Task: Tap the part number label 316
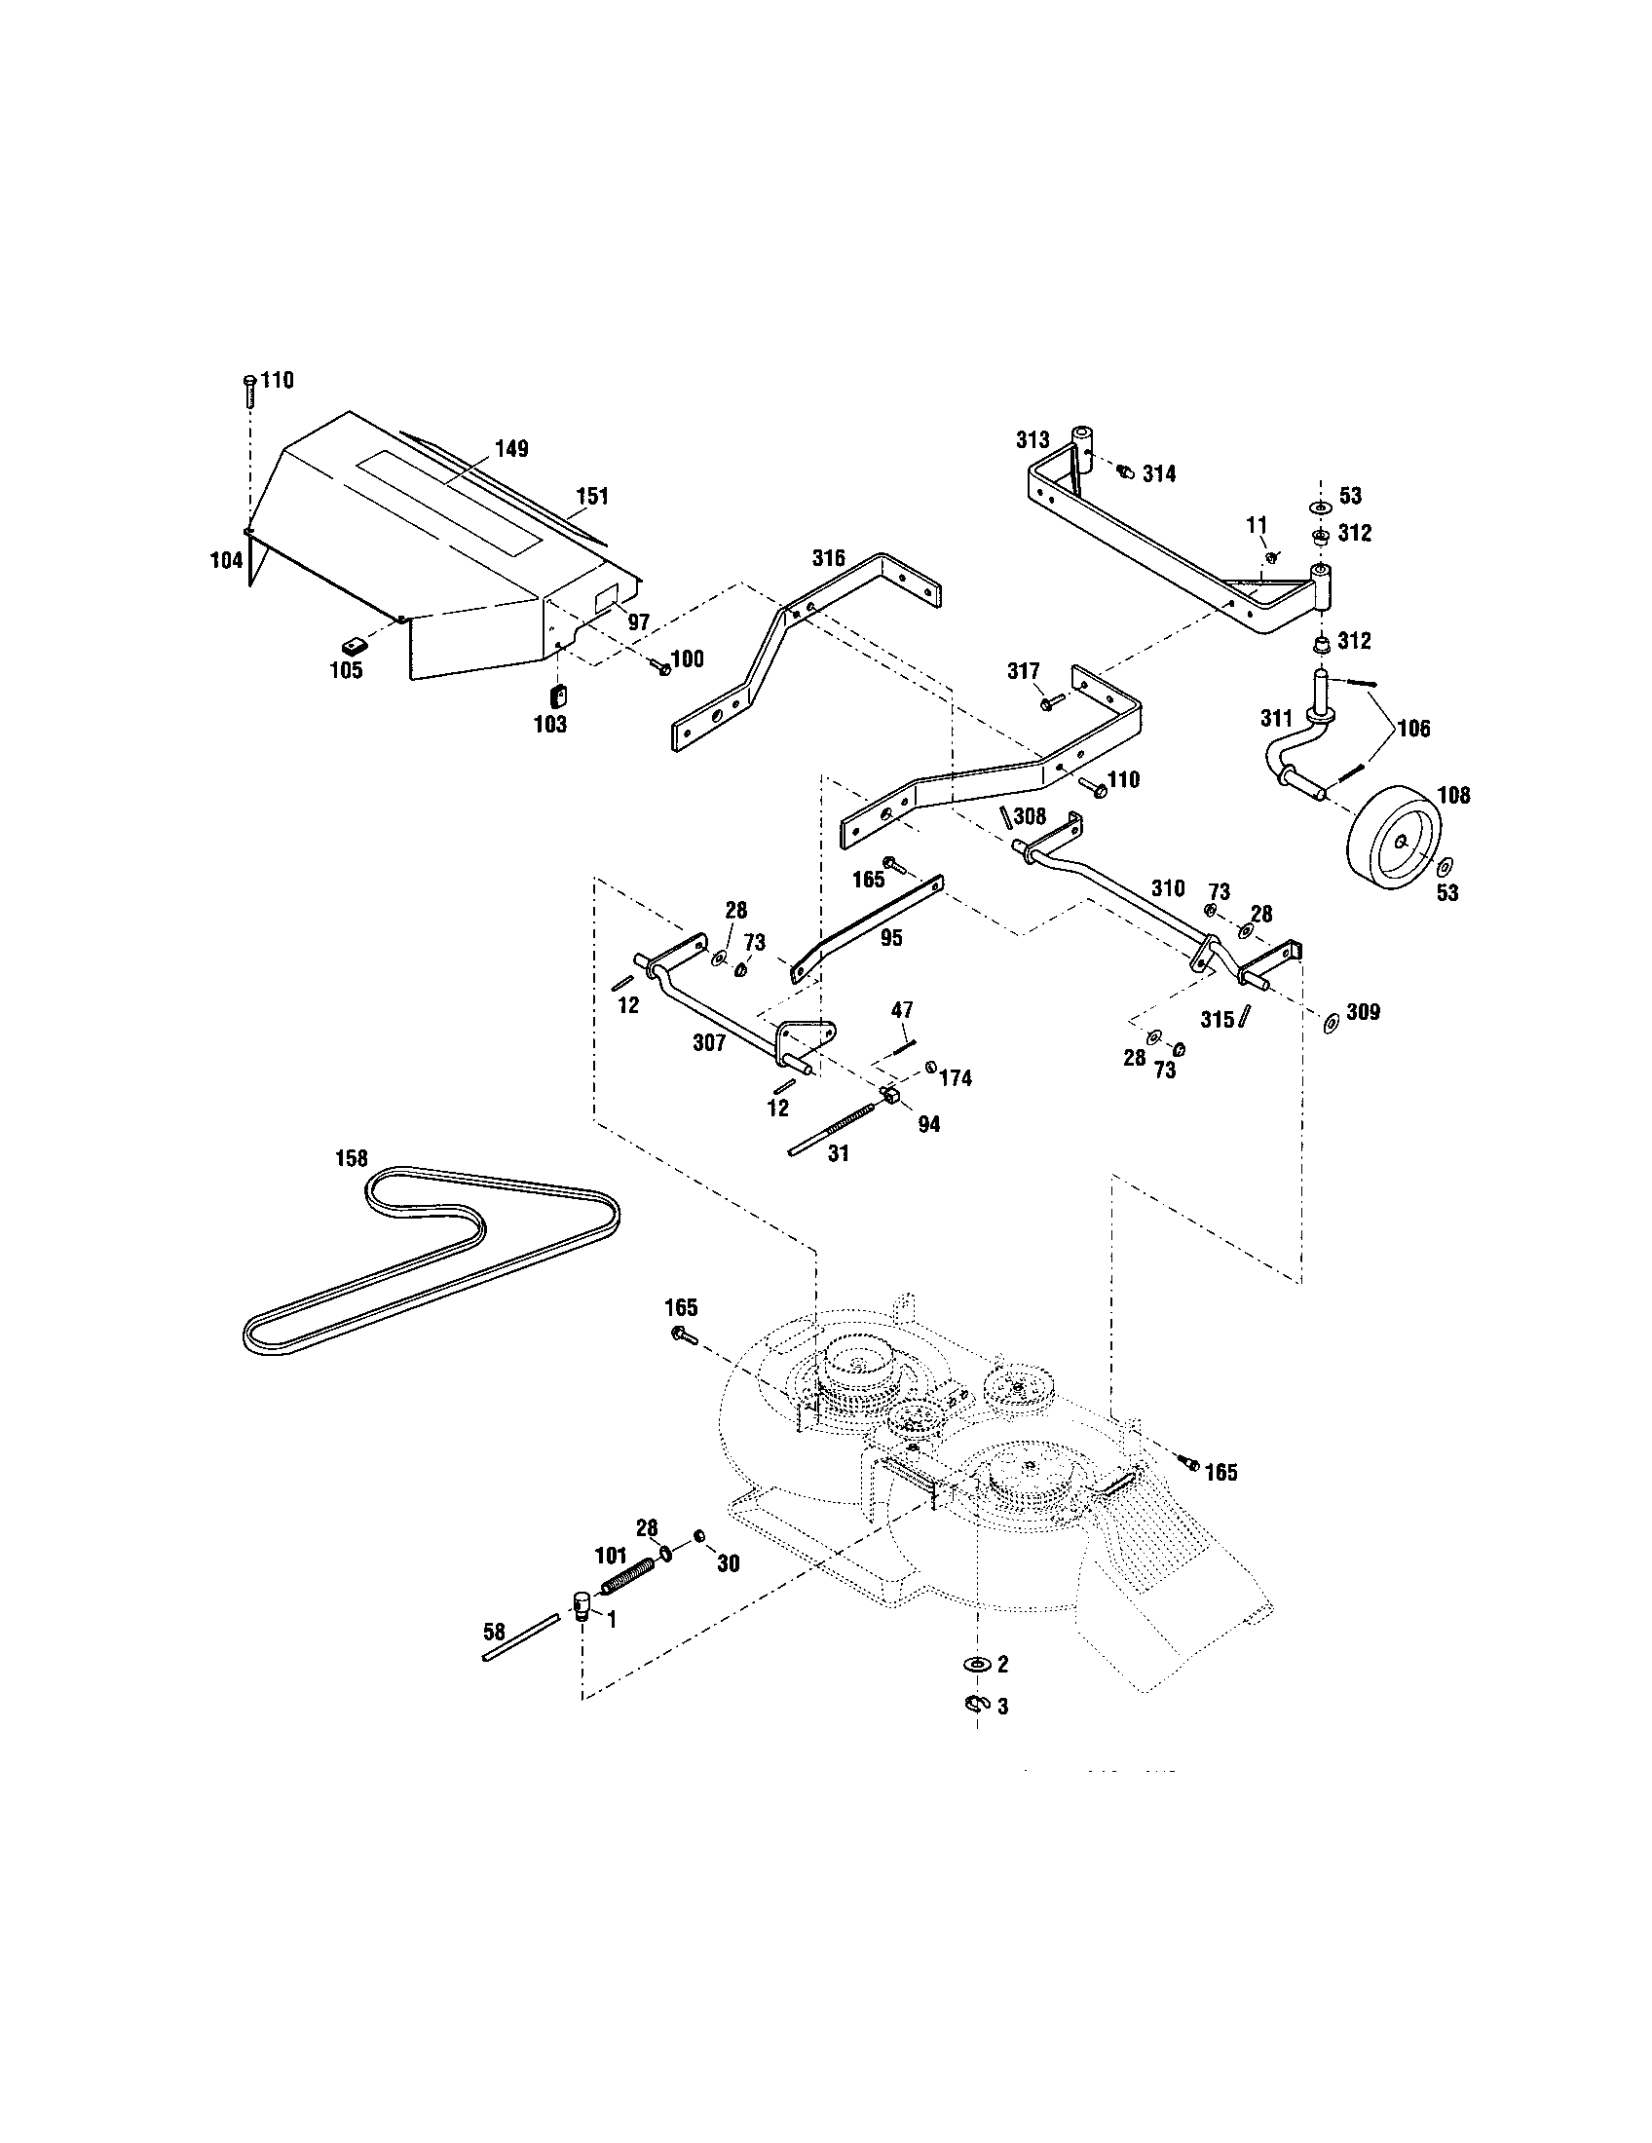coord(828,558)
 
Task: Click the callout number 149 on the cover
coord(510,448)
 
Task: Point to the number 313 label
coord(1032,440)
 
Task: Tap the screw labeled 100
coord(659,666)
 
